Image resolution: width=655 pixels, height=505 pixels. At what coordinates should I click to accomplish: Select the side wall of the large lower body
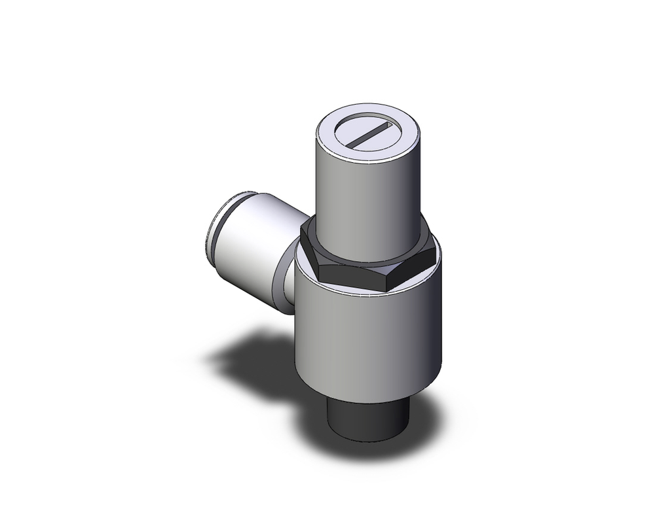click(367, 340)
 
